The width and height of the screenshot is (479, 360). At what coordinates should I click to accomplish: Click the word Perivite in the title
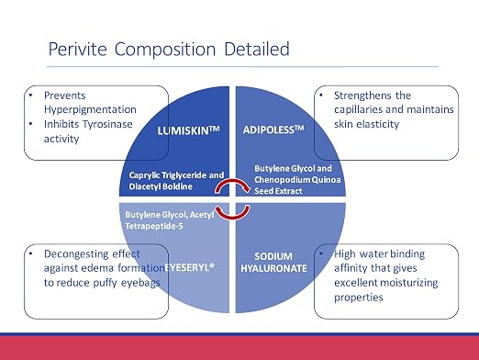coord(78,49)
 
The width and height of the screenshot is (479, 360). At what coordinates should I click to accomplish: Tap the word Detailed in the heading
coord(257,49)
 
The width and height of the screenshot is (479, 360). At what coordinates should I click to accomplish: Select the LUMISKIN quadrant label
coord(188,130)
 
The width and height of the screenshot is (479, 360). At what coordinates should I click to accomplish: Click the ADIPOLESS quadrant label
coord(273,129)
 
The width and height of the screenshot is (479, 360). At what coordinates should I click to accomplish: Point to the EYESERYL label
coord(190,267)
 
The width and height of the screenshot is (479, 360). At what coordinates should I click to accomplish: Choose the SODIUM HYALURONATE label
coord(273,263)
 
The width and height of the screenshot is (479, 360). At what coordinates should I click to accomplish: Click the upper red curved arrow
coord(232,186)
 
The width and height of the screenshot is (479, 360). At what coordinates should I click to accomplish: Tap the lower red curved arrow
coord(232,212)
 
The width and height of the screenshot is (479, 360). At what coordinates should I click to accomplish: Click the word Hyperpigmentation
coord(90,110)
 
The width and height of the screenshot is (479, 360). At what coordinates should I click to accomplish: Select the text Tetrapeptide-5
coord(154,226)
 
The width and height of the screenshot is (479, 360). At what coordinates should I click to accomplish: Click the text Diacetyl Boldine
coord(161,186)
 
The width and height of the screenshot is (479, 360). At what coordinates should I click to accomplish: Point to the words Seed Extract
coord(278,191)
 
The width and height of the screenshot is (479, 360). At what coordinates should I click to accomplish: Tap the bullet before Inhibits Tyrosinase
coord(31,124)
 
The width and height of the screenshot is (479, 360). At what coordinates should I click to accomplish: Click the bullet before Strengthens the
coord(321,95)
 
